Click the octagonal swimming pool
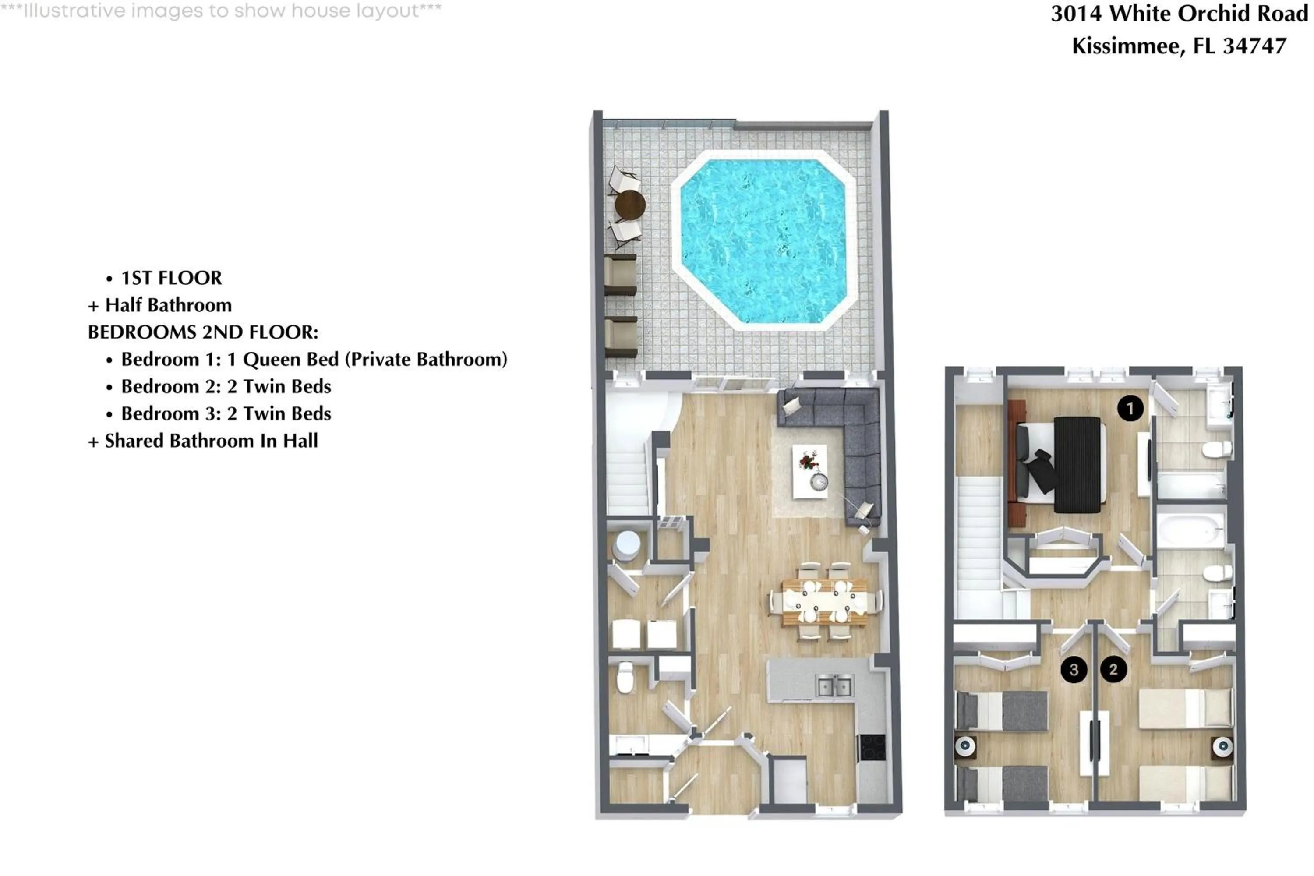763,241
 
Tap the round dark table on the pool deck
630,205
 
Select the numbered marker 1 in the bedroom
1130,408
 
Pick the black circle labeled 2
1113,669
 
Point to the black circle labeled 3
1073,669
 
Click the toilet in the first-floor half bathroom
625,678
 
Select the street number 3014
1076,14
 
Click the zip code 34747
1254,46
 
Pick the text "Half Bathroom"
168,305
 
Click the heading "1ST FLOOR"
172,278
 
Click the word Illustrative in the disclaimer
74,10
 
